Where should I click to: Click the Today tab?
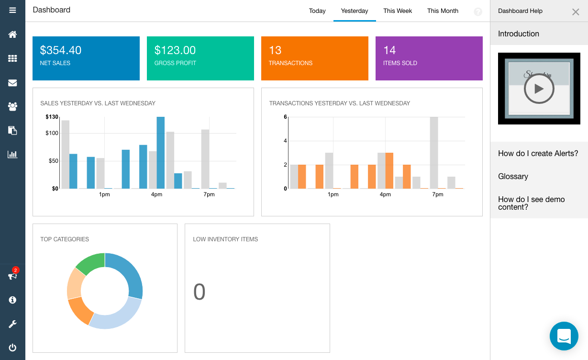(x=317, y=11)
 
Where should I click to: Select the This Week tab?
(x=397, y=11)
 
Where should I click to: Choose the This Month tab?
(x=443, y=11)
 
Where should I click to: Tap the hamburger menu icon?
(x=12, y=10)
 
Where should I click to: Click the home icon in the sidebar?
(x=12, y=34)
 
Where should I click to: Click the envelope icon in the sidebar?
(x=12, y=83)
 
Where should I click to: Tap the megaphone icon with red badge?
(x=12, y=276)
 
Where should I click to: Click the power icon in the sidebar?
(x=12, y=348)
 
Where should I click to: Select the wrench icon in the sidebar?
(x=12, y=324)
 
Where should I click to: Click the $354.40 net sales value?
(x=61, y=50)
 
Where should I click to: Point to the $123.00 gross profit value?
(x=175, y=50)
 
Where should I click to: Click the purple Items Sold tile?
(x=429, y=58)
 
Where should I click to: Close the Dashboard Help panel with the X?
(x=576, y=12)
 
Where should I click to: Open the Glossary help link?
(x=513, y=176)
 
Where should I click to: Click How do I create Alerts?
(x=538, y=153)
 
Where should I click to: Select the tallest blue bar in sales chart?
(x=161, y=152)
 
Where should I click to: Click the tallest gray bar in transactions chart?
(x=434, y=152)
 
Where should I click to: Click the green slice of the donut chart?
(x=91, y=263)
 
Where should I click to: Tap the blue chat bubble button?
(x=564, y=336)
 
